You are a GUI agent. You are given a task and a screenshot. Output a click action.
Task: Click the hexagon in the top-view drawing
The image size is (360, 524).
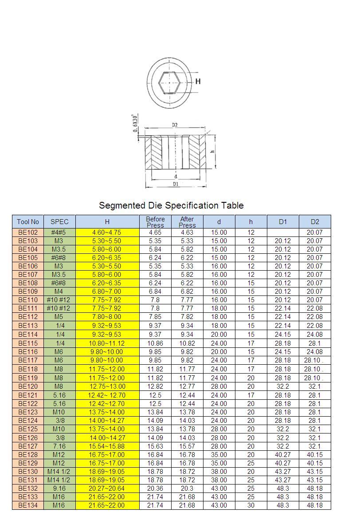[x=169, y=82]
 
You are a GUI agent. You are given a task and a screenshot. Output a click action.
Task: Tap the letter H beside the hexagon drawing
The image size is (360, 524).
[x=198, y=81]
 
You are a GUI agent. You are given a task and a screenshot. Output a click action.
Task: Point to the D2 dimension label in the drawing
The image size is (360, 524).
[x=175, y=125]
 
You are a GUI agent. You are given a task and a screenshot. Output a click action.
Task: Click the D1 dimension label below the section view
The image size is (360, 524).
[x=176, y=184]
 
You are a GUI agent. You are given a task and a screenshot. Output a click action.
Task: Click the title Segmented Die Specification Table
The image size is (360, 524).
[x=171, y=205]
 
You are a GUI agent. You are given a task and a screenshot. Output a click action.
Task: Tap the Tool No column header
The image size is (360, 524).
[x=28, y=222]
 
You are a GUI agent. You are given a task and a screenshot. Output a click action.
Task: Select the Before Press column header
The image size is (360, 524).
[x=155, y=222]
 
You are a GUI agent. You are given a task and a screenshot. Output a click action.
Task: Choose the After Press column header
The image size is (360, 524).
[x=187, y=222]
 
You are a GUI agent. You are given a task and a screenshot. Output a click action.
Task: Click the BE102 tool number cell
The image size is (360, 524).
[x=28, y=232]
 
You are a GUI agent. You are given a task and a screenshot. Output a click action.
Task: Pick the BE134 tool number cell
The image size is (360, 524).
[x=28, y=505]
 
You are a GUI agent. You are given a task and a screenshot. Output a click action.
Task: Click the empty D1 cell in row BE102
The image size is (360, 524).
[x=283, y=232]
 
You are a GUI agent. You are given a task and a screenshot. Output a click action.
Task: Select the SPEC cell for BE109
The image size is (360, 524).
[x=59, y=292]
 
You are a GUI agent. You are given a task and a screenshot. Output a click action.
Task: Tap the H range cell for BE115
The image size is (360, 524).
[x=107, y=343]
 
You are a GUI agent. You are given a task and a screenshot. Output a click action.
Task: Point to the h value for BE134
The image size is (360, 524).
[x=251, y=505]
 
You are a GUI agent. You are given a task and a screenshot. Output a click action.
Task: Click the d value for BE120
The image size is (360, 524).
[x=219, y=386]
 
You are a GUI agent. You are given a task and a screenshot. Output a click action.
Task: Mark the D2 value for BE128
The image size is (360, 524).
[x=315, y=455]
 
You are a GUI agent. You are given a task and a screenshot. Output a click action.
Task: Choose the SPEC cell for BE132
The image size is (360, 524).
[x=59, y=489]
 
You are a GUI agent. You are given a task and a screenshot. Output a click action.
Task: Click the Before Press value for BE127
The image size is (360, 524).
[x=155, y=446]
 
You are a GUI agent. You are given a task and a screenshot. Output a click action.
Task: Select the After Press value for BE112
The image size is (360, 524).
[x=187, y=317]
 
